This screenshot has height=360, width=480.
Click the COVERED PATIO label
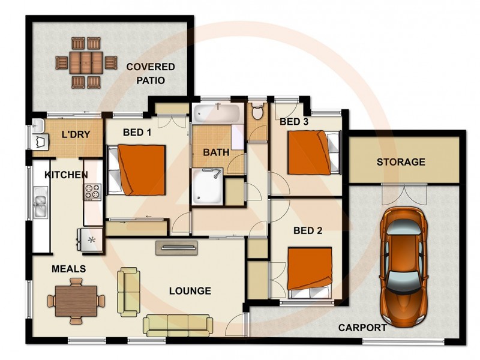pos(150,73)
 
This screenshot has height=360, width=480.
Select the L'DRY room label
pos(76,134)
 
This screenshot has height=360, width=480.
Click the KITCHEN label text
pos(66,175)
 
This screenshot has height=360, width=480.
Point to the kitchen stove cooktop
pos(93,192)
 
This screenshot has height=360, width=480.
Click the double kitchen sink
pos(41,202)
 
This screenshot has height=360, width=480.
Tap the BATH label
pos(215,152)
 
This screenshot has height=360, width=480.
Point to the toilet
pos(257,112)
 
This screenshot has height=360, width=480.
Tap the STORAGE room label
pos(401,162)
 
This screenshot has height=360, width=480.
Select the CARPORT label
pos(362,328)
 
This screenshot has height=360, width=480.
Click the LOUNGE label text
pos(190,291)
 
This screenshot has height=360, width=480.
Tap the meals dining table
pos(76,299)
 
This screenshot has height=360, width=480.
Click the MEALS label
pos(68,269)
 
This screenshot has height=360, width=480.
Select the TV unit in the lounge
pos(176,246)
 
